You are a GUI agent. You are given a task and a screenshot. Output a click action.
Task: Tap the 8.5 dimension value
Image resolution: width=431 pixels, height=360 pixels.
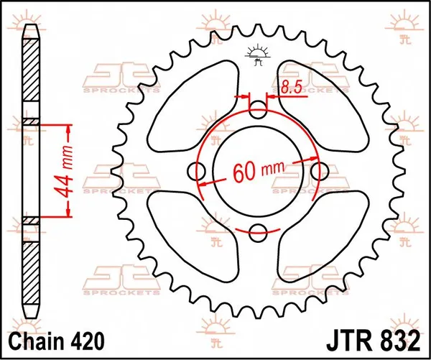tap(291, 88)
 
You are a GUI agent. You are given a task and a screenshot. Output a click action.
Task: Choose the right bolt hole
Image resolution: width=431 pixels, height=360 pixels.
tap(320, 170)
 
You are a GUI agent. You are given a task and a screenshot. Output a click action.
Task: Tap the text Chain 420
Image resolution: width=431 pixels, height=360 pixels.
tap(55, 339)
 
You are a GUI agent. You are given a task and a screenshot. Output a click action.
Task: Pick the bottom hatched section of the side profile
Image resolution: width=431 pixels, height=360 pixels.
tap(32, 273)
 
